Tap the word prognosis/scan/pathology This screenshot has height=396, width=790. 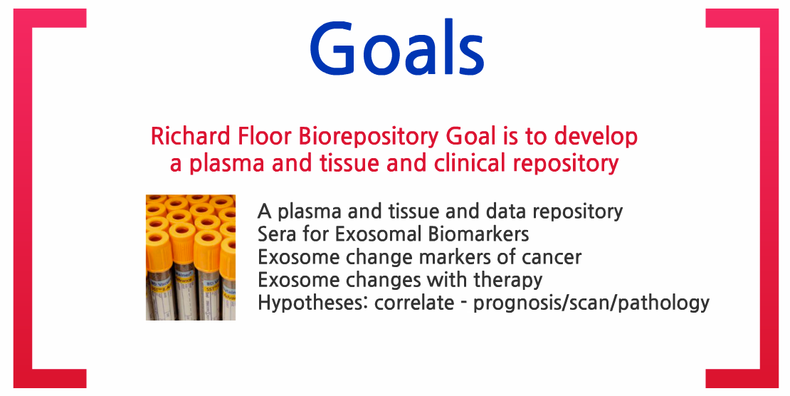591,303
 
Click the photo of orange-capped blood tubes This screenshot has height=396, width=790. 191,257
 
